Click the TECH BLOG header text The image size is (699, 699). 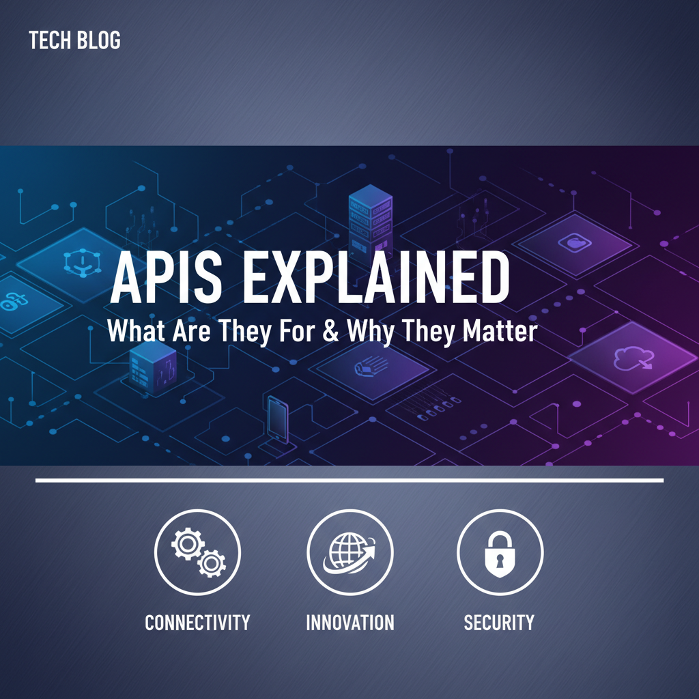pyautogui.click(x=75, y=41)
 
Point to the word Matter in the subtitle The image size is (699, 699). pyautogui.click(x=500, y=332)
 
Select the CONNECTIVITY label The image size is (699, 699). pyautogui.click(x=197, y=623)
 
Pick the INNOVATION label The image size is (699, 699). pyautogui.click(x=349, y=623)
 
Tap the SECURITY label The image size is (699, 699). pyautogui.click(x=499, y=623)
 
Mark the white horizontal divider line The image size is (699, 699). pyautogui.click(x=349, y=481)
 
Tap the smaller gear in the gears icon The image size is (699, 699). pyautogui.click(x=212, y=563)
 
